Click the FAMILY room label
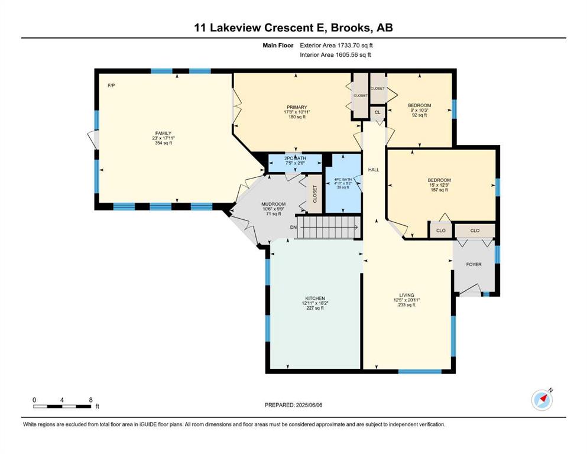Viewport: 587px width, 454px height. (163, 133)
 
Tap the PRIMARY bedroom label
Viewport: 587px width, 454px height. (297, 108)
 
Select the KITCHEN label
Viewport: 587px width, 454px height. (315, 299)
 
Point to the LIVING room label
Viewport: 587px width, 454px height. (407, 295)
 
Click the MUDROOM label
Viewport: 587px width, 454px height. (273, 204)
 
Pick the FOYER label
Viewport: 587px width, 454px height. (474, 264)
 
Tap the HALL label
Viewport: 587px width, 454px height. (373, 170)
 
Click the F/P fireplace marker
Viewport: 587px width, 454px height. (111, 85)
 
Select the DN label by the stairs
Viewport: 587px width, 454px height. (293, 227)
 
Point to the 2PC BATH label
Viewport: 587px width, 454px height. (296, 158)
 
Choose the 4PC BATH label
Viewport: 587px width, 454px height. (343, 180)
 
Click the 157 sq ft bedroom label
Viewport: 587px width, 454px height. (439, 180)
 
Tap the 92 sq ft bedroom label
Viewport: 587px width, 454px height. (419, 105)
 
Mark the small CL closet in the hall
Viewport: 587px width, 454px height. (377, 112)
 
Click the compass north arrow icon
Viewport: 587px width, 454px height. (542, 400)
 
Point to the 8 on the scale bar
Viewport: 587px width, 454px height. (90, 400)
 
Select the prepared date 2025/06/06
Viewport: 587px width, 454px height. (309, 405)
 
